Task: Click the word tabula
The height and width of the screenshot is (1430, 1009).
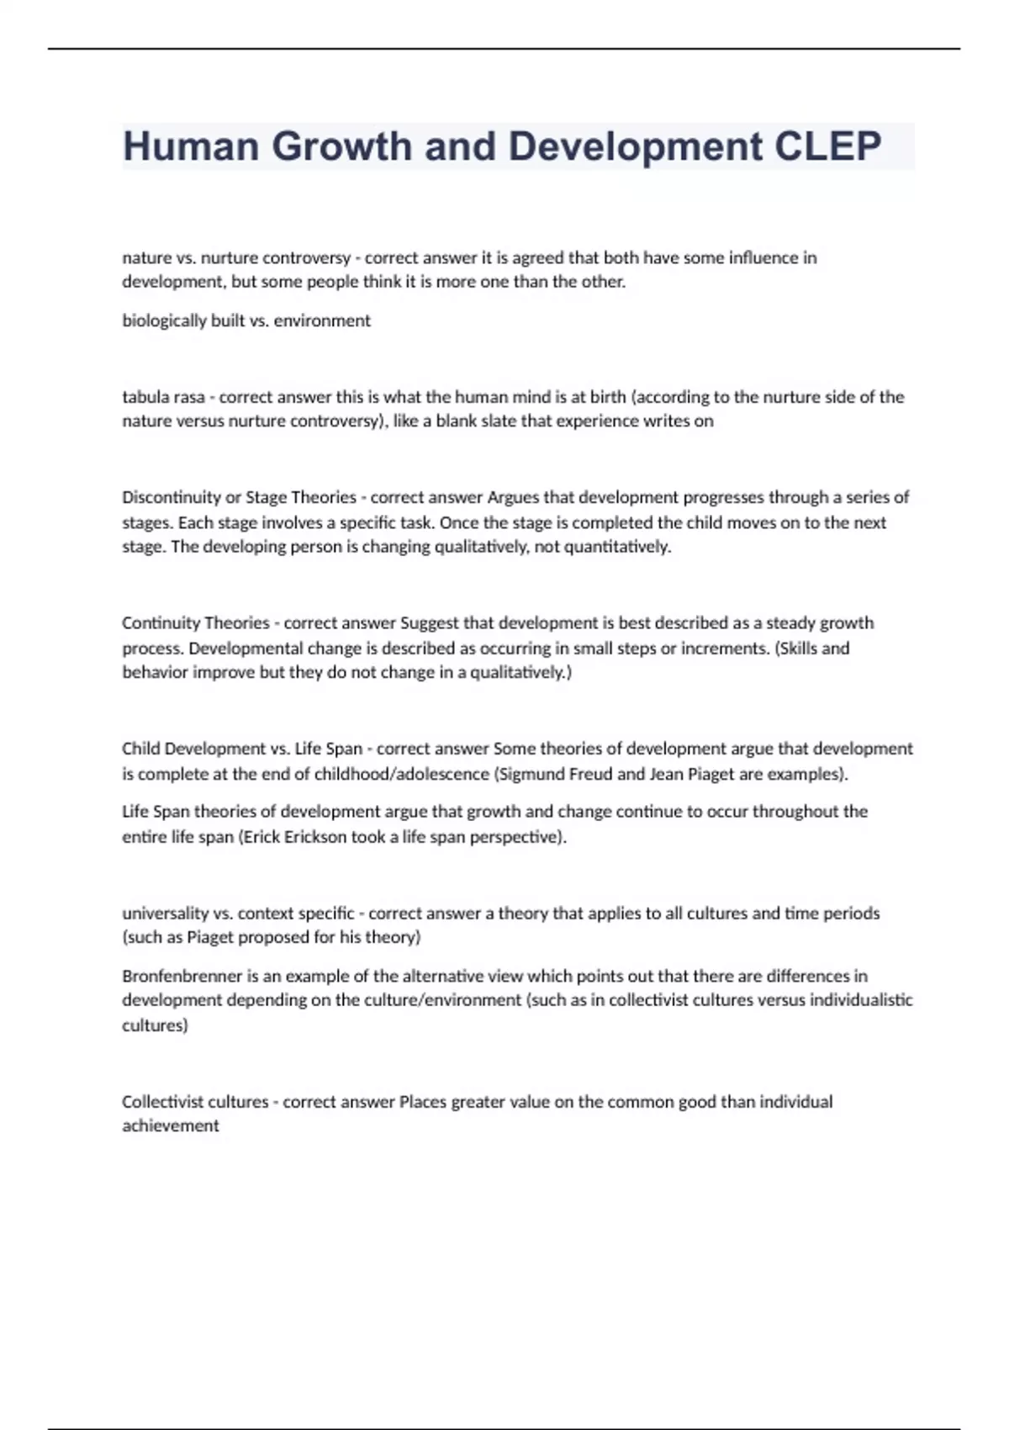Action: pos(143,396)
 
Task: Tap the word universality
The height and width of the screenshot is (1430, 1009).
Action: pos(165,913)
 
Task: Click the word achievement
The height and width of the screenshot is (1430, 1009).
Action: pos(171,1125)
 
